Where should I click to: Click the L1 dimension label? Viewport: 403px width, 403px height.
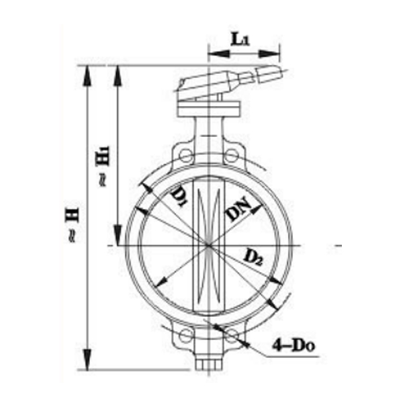[x=241, y=39]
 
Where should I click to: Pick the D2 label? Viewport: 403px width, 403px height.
[x=253, y=257]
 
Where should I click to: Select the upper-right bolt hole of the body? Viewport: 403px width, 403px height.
[x=230, y=156]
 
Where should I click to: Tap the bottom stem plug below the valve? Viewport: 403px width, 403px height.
[x=209, y=364]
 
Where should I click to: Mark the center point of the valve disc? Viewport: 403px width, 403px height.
[x=209, y=247]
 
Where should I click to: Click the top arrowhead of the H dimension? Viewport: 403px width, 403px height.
[x=87, y=73]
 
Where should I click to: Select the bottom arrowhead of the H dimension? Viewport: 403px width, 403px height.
[x=87, y=363]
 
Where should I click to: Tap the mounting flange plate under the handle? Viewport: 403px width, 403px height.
[x=209, y=107]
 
